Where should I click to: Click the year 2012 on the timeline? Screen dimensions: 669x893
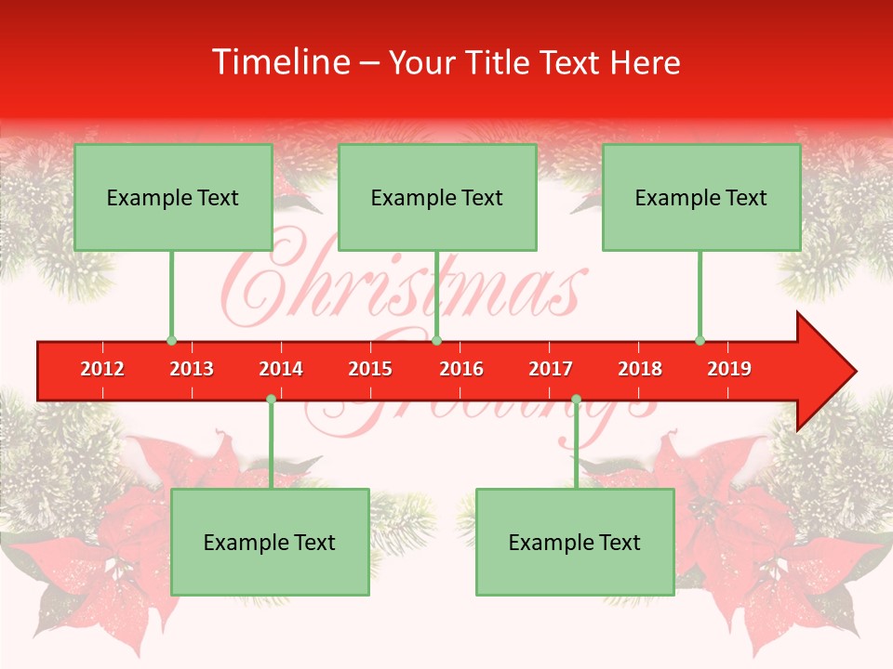[x=102, y=369]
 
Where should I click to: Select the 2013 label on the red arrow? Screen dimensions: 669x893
[x=192, y=369]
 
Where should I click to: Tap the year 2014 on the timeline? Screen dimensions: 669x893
[x=281, y=369]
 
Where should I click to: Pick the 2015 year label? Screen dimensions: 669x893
[x=370, y=369]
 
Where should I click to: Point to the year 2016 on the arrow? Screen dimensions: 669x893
[x=461, y=369]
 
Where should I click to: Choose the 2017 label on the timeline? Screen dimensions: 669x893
[x=551, y=369]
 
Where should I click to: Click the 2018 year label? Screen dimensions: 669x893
[x=640, y=369]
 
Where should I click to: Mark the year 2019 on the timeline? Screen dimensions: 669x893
[x=729, y=369]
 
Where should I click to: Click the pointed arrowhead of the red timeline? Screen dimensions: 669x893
[x=828, y=372]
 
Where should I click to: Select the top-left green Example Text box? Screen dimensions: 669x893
[x=173, y=198]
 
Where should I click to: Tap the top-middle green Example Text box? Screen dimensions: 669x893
[x=437, y=198]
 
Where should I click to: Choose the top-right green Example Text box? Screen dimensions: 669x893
[x=701, y=198]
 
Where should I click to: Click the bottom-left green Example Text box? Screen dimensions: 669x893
[x=270, y=543]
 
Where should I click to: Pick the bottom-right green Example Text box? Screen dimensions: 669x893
[x=575, y=543]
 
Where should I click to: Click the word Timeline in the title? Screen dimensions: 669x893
[x=279, y=62]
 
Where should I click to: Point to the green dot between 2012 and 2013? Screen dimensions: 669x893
[x=171, y=340]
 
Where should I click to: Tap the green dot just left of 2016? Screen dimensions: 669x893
[x=436, y=340]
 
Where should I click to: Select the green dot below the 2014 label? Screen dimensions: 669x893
[x=271, y=399]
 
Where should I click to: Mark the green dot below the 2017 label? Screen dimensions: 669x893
[x=576, y=399]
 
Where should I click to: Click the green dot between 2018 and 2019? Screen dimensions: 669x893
[x=700, y=340]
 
